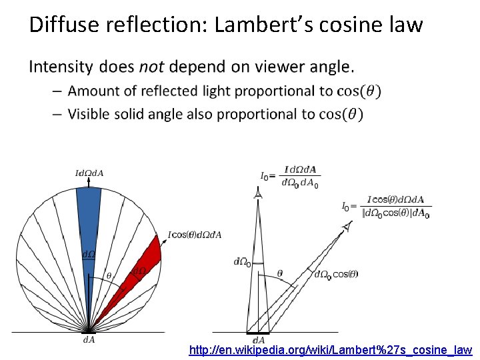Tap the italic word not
[x=153, y=67]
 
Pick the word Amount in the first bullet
[x=95, y=91]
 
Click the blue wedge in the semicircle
[x=88, y=227]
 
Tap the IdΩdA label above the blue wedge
[x=88, y=174]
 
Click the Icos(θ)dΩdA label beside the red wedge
[x=195, y=235]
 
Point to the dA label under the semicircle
[x=88, y=340]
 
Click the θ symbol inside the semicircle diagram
[x=109, y=275]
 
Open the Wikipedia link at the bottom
[x=331, y=349]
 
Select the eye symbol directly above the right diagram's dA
[x=258, y=194]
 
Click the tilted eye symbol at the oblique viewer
[x=346, y=228]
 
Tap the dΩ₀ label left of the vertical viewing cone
[x=242, y=262]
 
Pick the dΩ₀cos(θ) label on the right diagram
[x=336, y=274]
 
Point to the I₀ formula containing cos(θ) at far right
[x=386, y=207]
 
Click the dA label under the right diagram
[x=259, y=340]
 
